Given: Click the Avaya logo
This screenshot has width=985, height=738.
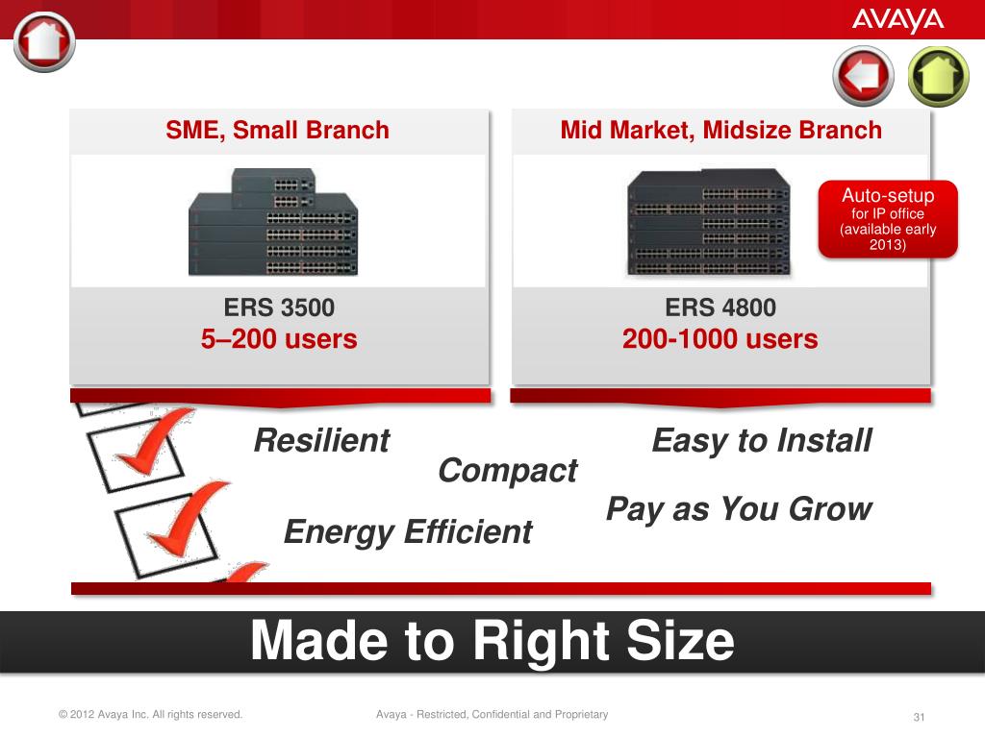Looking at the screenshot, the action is [897, 21].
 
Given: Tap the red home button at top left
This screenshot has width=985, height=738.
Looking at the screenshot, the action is [44, 41].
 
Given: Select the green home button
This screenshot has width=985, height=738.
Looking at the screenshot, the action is [939, 76].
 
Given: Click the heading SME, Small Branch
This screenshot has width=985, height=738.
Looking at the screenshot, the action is [278, 131].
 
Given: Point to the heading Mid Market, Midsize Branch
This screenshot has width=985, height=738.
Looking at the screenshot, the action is [721, 130].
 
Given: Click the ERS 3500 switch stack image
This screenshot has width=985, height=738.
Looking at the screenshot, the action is [273, 222].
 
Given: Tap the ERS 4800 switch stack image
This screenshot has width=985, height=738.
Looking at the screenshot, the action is [709, 222].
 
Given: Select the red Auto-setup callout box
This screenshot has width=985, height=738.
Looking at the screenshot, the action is [888, 219].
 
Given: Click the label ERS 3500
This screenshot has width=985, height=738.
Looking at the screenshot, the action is [279, 307].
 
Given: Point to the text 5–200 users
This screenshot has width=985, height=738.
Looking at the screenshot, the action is [279, 339].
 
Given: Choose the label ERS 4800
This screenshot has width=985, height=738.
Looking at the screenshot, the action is [720, 307].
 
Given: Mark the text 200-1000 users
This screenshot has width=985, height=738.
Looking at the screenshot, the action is [720, 339].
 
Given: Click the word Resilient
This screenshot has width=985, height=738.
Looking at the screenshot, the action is [321, 440].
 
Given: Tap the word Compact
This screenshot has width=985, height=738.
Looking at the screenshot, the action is [508, 471].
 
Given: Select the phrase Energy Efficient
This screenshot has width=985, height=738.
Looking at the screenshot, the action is [408, 532].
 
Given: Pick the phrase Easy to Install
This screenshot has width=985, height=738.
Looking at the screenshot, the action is [762, 440].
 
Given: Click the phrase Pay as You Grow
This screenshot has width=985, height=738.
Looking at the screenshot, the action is [740, 509].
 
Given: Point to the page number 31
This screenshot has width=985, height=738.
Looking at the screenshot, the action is [919, 717].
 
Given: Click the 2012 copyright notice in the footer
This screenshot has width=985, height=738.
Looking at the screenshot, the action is [150, 714].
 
